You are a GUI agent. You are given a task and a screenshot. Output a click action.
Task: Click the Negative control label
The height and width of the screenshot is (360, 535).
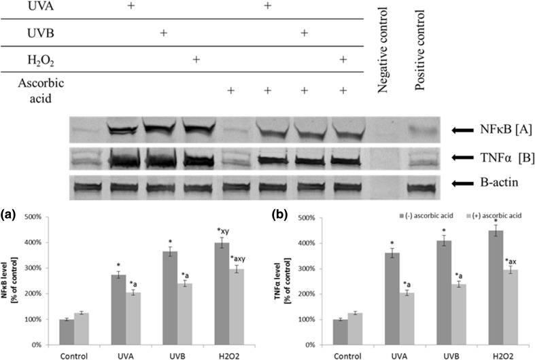click(x=382, y=54)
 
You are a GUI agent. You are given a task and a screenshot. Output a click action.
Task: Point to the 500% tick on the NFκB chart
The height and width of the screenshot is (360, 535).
click(x=48, y=217)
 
